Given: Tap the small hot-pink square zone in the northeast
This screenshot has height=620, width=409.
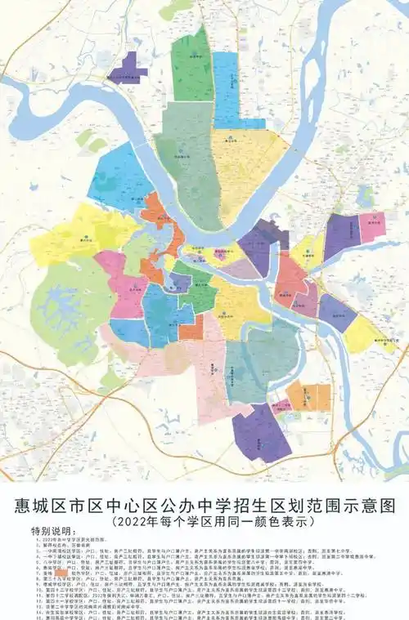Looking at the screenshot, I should coord(372,226).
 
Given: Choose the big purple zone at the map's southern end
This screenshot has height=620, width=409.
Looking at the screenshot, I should coord(262,433).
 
